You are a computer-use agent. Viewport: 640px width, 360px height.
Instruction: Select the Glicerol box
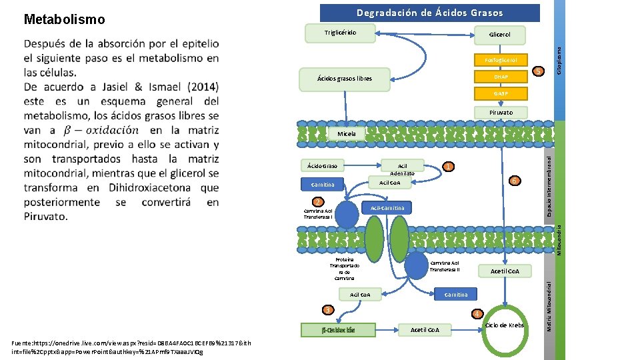pos(499,34)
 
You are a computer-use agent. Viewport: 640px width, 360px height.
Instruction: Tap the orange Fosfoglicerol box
pos(501,60)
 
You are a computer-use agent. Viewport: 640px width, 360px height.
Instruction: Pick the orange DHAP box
pos(501,77)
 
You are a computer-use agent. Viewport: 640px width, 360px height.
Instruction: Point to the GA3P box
pos(501,95)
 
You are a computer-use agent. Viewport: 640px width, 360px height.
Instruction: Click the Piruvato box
pos(501,113)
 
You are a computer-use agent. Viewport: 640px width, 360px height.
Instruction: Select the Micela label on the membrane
pos(346,133)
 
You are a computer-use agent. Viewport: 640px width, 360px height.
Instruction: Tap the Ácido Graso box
pos(322,165)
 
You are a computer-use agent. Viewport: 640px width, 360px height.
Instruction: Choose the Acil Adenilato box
pos(402,169)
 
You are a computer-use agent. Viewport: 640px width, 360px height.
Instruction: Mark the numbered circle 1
pos(449,167)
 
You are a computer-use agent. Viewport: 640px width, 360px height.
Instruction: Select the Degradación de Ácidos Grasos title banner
pos(429,13)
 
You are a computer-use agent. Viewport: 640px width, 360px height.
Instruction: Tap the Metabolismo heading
pos(64,19)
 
